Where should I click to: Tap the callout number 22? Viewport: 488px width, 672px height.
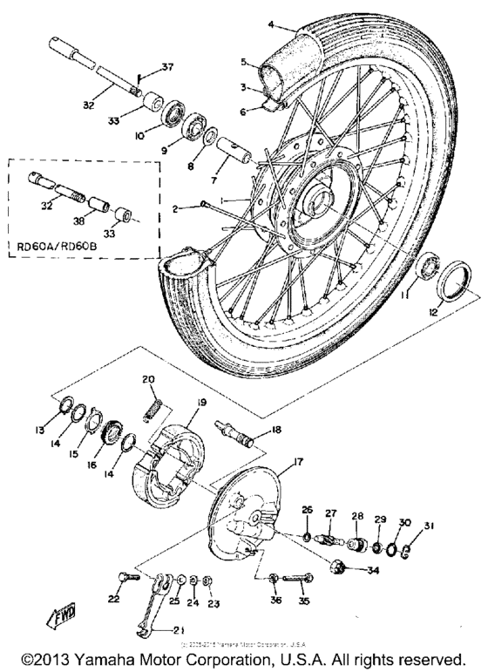pos(113,601)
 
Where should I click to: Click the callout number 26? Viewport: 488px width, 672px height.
pos(305,510)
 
